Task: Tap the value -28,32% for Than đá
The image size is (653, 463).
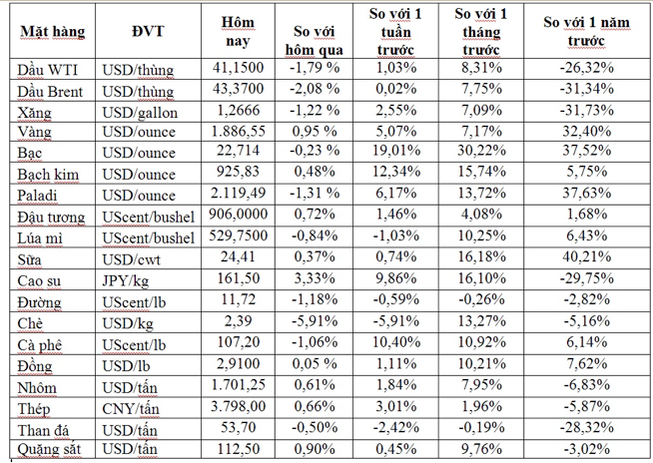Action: pos(586,427)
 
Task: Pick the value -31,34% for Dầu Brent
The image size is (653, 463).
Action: pos(586,90)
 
